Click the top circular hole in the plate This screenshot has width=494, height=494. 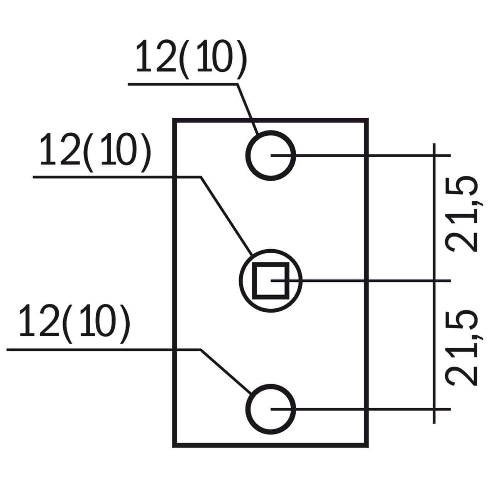tap(271, 155)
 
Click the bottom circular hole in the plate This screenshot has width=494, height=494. tap(271, 409)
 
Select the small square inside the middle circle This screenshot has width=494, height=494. tap(271, 281)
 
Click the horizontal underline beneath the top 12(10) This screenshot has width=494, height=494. tap(181, 84)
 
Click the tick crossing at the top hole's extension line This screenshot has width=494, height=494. tap(435, 155)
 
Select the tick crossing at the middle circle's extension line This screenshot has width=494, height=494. tap(435, 281)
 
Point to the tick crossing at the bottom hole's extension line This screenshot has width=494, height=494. tap(435, 409)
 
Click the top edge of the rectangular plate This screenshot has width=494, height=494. tap(270, 120)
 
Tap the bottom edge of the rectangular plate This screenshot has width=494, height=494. tap(270, 445)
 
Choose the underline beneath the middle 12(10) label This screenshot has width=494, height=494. tap(116, 177)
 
